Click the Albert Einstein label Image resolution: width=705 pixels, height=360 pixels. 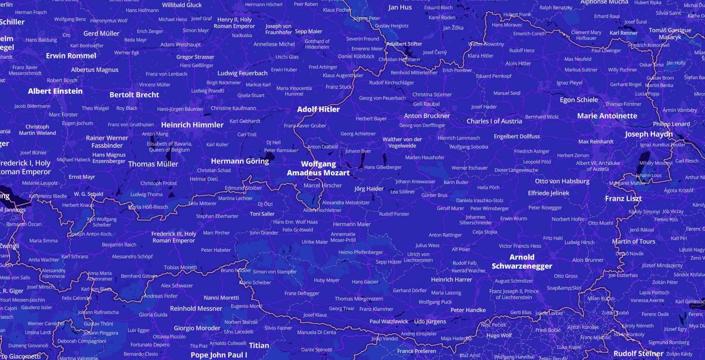(x=55, y=91)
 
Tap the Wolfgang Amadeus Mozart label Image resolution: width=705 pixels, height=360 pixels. (x=318, y=168)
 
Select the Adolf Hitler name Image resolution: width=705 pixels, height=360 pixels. (x=318, y=110)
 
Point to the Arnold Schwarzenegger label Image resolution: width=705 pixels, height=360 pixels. (x=522, y=262)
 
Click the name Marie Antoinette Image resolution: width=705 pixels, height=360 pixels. (x=607, y=116)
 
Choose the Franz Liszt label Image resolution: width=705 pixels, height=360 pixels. (x=623, y=199)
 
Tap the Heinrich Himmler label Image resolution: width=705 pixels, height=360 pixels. (x=192, y=125)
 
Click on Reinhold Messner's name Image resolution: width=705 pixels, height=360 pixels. (x=196, y=309)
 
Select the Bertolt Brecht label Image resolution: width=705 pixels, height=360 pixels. (x=134, y=95)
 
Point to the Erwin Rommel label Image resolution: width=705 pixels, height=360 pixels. (x=71, y=56)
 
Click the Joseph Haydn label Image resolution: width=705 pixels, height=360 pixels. (x=648, y=134)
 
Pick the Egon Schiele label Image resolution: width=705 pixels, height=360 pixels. (x=579, y=100)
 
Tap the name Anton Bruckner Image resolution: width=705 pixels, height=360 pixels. (x=427, y=116)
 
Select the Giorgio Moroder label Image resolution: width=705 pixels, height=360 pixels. (x=197, y=328)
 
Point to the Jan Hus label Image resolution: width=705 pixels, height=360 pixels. (x=400, y=7)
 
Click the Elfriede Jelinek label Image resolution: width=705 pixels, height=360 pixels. (x=549, y=193)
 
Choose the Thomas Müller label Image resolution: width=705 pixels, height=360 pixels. (x=153, y=164)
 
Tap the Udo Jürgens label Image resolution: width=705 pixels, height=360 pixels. (x=430, y=321)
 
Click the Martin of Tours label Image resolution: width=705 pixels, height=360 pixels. (x=633, y=242)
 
